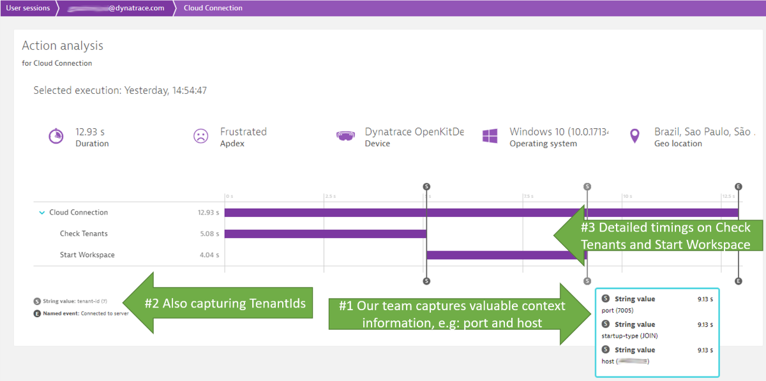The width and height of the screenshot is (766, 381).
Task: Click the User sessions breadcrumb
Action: [x=27, y=8]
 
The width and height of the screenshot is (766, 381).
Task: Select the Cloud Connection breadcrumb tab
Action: [x=213, y=8]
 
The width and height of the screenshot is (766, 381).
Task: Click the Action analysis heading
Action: [x=63, y=46]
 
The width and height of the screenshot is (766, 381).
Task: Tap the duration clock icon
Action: [x=56, y=137]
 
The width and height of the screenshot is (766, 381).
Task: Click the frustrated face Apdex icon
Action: [x=200, y=137]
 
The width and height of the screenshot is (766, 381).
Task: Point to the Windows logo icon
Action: [x=490, y=137]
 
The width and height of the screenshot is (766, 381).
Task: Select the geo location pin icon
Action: [x=635, y=137]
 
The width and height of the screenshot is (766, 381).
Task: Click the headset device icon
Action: [x=345, y=137]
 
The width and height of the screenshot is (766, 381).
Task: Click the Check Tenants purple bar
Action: [x=325, y=234]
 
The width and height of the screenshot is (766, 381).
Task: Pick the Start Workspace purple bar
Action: [x=504, y=255]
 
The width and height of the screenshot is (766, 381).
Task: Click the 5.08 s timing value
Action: [x=209, y=234]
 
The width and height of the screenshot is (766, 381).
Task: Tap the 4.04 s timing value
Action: [x=209, y=255]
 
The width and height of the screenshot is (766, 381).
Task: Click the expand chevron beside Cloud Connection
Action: [x=42, y=213]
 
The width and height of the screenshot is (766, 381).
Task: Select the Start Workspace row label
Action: [x=87, y=255]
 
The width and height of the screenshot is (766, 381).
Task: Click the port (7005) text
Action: [x=617, y=310]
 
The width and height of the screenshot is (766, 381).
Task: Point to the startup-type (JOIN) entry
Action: [x=629, y=336]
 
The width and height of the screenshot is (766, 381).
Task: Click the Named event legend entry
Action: [x=81, y=313]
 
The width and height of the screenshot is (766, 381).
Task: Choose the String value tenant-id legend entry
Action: [x=71, y=301]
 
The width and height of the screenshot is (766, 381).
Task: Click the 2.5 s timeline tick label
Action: [x=331, y=196]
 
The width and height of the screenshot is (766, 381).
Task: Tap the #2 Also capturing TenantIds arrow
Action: [x=217, y=304]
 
